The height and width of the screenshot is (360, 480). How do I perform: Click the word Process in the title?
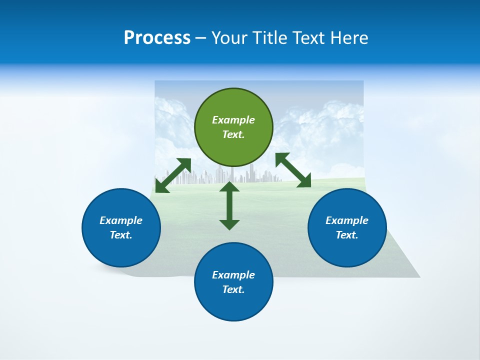[x=157, y=38]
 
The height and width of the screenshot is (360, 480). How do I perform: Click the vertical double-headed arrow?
[x=229, y=205]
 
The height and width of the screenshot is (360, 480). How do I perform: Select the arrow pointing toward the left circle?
[x=173, y=175]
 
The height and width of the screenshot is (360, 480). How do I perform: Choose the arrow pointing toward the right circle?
[x=293, y=170]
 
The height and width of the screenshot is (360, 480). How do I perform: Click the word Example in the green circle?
[x=233, y=120]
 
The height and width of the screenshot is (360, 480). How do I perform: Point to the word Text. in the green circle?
[x=233, y=134]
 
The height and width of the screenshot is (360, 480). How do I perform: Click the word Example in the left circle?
[x=121, y=220]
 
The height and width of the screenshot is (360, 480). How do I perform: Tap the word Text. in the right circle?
[x=347, y=235]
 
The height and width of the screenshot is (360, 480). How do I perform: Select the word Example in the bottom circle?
[x=233, y=275]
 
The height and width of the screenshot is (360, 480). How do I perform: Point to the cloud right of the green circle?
[x=320, y=125]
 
